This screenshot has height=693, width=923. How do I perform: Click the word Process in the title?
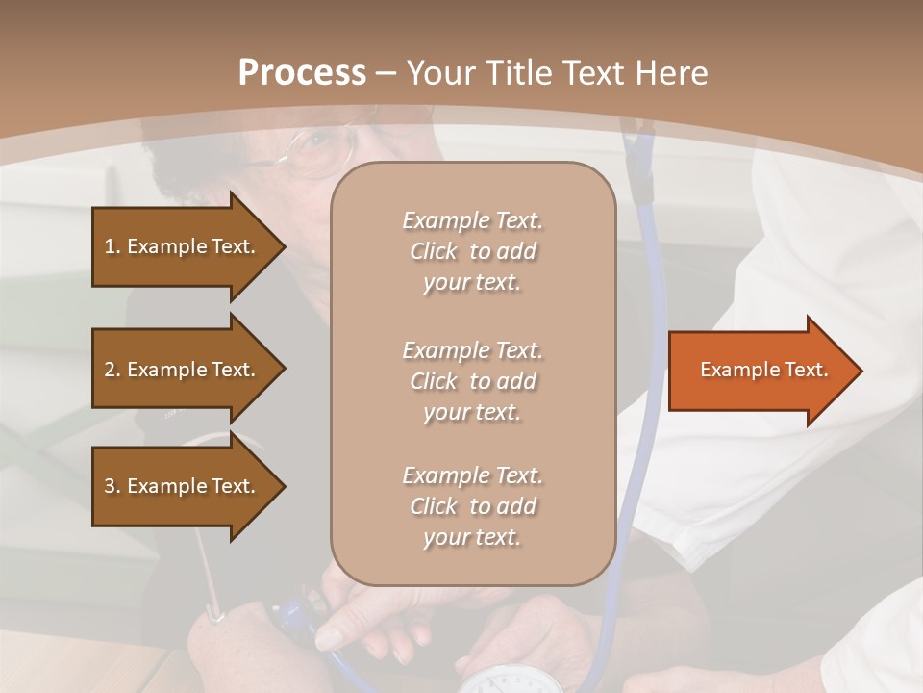[302, 73]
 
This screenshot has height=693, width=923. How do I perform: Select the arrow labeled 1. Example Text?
[183, 246]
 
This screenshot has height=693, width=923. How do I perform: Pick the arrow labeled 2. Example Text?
[183, 370]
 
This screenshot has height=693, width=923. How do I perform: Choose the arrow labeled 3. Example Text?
[183, 486]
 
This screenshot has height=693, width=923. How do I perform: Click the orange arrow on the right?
[760, 371]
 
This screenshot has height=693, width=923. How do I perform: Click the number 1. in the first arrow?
[112, 246]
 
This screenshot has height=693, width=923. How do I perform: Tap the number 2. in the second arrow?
[112, 370]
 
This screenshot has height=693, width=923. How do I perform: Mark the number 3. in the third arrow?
[112, 486]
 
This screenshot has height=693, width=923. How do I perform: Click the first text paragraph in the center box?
[472, 251]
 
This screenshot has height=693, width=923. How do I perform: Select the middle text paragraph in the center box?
[472, 381]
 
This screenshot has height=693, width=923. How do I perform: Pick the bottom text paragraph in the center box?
[472, 506]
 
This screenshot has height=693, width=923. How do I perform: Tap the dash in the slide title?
[387, 73]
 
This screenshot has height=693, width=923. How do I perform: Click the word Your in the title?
[443, 73]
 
